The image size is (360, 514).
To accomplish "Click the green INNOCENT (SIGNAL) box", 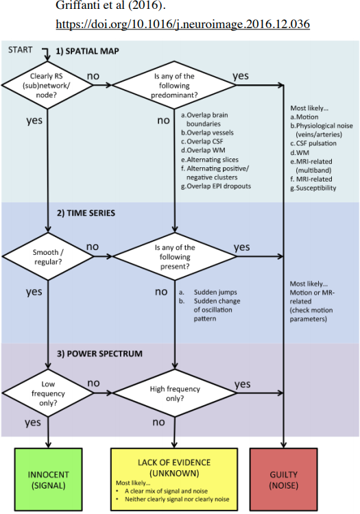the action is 48,479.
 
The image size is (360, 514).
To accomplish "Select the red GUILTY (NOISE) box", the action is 284,479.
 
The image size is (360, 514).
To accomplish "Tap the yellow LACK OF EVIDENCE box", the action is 174,479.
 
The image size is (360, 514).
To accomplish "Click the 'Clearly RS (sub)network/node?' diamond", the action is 47,85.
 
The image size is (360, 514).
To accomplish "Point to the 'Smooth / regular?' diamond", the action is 48,257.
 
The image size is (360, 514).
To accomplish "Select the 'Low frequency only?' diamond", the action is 48,393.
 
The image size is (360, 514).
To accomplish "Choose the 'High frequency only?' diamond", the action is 175,393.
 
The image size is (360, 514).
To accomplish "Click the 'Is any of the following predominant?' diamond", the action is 174,85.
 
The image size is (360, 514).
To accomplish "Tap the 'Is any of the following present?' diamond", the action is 175,257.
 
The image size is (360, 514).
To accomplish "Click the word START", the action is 21,50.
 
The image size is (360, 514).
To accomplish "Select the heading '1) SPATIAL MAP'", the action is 87,51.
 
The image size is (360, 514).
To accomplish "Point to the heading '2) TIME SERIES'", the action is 86,213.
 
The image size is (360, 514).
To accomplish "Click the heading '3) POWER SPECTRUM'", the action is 99,354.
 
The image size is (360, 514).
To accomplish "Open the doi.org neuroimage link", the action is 182,24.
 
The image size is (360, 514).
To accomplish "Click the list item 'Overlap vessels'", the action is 207,133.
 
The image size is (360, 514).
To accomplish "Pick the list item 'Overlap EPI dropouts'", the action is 216,186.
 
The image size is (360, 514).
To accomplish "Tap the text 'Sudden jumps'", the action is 215,292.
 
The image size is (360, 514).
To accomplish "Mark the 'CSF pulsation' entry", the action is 313,144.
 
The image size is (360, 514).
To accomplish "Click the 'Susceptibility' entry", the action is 313,188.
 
